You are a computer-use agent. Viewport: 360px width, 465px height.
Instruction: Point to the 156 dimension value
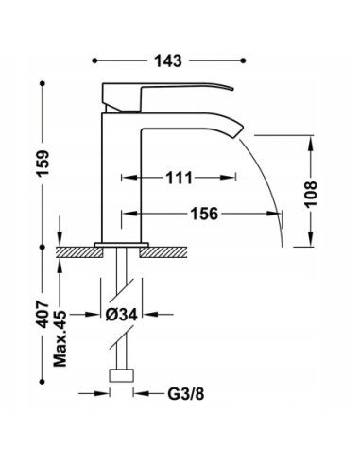point(202,214)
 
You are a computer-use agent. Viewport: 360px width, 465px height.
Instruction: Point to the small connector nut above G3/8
point(120,374)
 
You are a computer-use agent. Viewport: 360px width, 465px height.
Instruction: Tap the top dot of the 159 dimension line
point(44,84)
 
